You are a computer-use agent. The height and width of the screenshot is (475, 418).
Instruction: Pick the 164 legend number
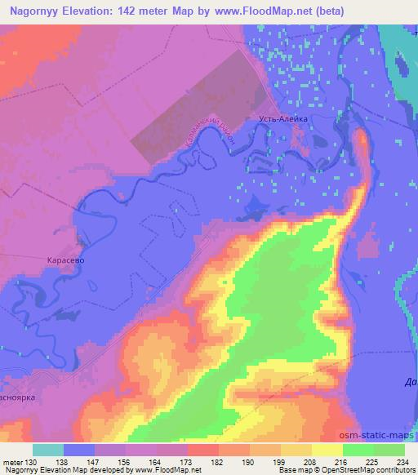click(156, 463)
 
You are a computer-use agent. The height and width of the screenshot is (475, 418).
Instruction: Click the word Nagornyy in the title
click(36, 11)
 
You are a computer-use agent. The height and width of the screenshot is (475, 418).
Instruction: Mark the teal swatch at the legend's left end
click(47, 450)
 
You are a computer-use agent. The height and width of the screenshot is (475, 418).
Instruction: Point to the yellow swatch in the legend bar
click(327, 450)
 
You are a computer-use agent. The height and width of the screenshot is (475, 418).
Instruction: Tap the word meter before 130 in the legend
click(12, 463)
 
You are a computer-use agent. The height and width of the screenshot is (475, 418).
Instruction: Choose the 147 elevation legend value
click(94, 463)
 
